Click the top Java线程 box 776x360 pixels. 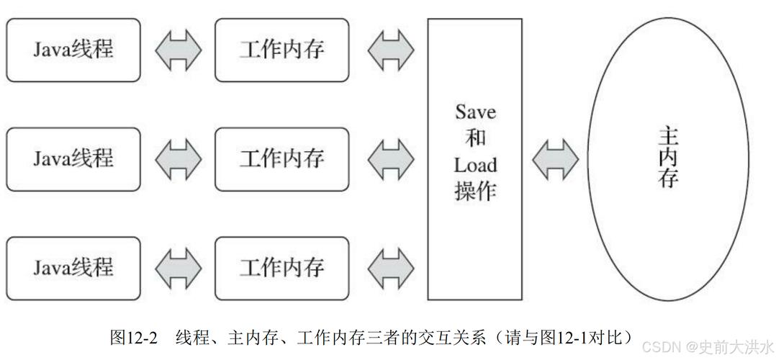point(73,50)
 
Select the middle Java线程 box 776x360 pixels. point(73,159)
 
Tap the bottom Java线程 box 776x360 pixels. point(73,268)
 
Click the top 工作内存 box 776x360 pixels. point(282,50)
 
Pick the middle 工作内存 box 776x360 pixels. point(282,159)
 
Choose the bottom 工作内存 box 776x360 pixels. point(282,268)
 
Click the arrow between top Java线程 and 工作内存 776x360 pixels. point(179,50)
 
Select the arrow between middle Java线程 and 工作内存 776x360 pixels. point(179,159)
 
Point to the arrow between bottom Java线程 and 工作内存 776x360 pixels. point(179,268)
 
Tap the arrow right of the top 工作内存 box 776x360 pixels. point(391,50)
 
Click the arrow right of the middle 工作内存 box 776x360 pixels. point(391,159)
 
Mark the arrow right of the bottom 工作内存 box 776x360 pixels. point(391,268)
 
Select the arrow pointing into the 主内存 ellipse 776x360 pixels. point(555,159)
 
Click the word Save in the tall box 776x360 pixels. point(475,112)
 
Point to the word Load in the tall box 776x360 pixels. point(475,165)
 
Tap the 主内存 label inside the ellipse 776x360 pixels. point(667,158)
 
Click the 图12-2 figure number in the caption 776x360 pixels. point(133,338)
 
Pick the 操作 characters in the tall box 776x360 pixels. point(475,191)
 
